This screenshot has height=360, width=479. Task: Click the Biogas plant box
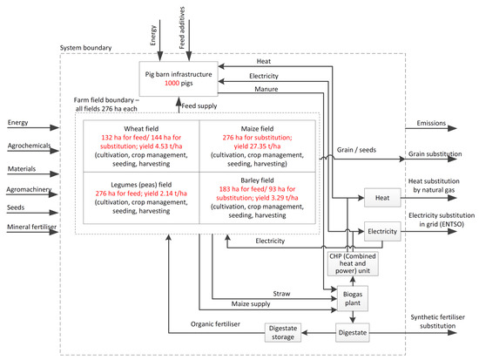352,298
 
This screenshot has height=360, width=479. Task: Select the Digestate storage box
282,332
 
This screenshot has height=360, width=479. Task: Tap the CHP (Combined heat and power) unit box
353,263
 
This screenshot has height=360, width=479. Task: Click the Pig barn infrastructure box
179,78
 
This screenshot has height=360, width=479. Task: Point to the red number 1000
172,83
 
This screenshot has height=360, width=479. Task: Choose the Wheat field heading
141,129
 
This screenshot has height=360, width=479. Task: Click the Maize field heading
257,129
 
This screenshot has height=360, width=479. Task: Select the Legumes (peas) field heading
141,185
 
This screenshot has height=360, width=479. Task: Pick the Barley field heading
257,180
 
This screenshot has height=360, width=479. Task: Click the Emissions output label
431,123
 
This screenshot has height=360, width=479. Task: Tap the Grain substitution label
435,153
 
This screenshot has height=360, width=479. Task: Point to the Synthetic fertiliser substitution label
437,322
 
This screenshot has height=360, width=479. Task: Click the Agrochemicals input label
29,146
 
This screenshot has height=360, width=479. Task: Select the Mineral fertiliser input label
31,227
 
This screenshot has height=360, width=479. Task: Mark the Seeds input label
16,207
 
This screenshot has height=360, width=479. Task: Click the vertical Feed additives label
182,28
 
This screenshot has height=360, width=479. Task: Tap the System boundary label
85,48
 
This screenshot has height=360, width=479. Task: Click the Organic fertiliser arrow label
215,324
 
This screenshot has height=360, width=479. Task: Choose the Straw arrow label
281,294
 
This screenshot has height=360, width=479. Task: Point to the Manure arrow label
266,89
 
